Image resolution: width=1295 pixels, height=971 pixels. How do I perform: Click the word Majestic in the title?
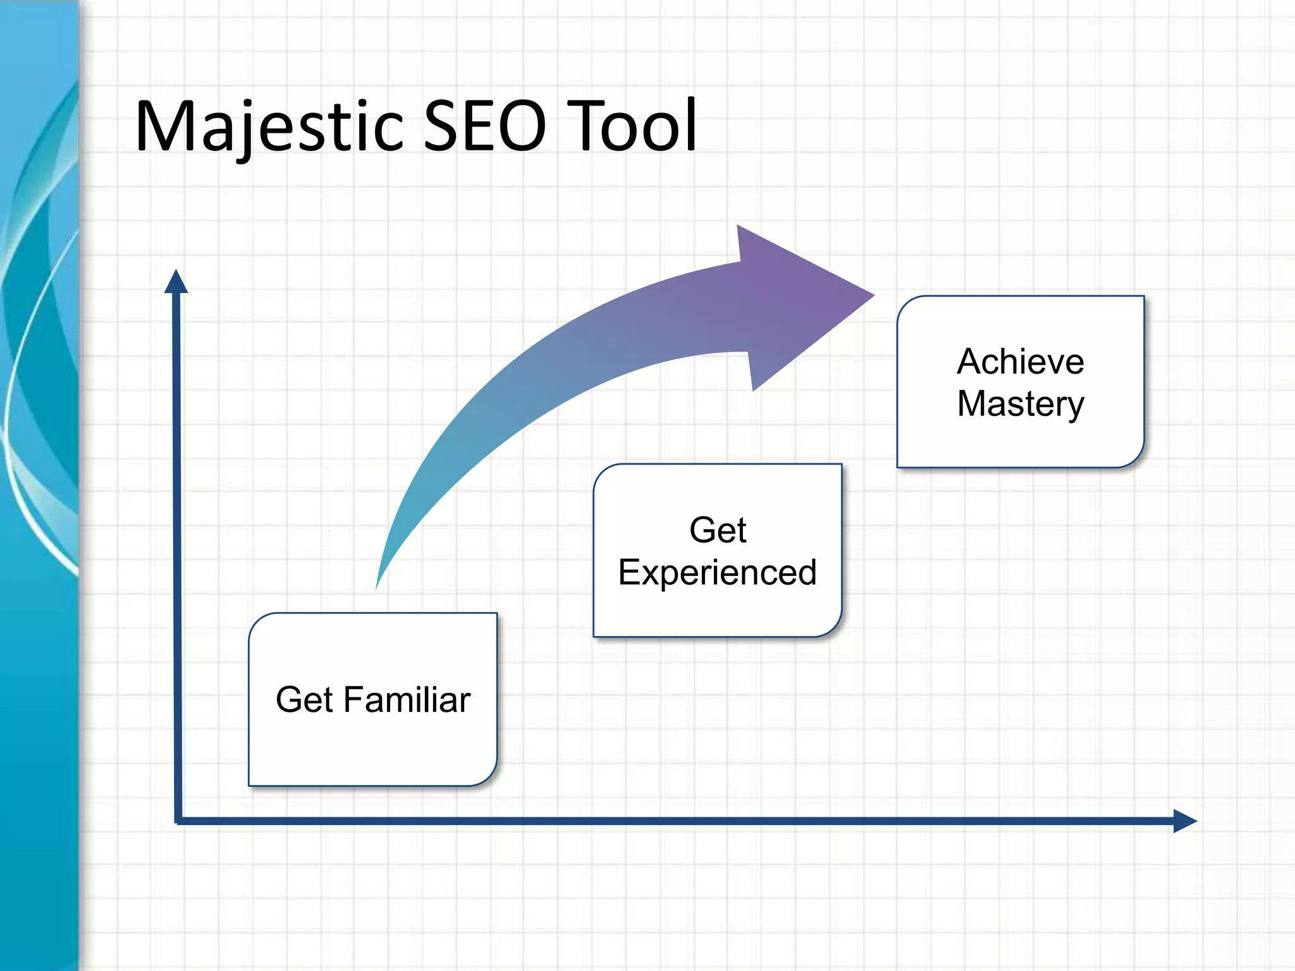tap(269, 126)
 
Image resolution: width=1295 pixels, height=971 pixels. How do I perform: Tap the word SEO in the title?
tap(484, 126)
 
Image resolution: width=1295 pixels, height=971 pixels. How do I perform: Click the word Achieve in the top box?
tap(1020, 362)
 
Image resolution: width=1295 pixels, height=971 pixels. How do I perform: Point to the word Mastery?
tap(1020, 405)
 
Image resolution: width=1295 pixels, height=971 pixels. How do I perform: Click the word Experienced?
tap(717, 573)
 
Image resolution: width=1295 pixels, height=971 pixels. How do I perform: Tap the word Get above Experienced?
tap(717, 530)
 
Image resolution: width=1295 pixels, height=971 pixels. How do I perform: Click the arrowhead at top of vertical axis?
tap(176, 283)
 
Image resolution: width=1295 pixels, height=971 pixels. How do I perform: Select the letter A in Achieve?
tap(969, 362)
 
